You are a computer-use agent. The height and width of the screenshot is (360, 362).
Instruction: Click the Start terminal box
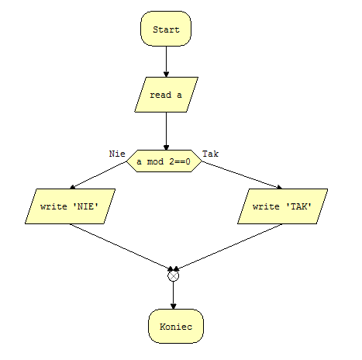tap(166, 29)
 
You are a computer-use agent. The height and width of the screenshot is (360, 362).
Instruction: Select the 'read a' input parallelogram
tap(166, 95)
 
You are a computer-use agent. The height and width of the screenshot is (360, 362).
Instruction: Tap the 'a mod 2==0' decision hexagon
tap(164, 161)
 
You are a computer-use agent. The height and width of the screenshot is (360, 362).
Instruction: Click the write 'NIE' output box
tap(70, 206)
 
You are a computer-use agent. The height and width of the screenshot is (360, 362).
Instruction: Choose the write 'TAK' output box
tap(282, 206)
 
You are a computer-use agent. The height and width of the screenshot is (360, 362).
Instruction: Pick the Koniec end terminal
tap(176, 327)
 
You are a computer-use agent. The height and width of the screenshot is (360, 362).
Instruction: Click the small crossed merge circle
tap(173, 275)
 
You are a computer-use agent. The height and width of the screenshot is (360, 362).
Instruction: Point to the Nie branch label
tap(117, 154)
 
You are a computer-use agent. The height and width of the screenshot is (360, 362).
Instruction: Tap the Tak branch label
tap(210, 154)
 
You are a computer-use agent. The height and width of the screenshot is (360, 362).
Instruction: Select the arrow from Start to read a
tap(166, 61)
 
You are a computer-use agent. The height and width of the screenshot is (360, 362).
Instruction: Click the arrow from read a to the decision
tap(166, 131)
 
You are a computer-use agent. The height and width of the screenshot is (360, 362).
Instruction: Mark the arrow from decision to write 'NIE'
tap(98, 175)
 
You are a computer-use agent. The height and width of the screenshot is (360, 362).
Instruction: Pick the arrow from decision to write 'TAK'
tap(242, 175)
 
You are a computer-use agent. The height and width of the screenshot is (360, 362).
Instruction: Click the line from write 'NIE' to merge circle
tap(121, 247)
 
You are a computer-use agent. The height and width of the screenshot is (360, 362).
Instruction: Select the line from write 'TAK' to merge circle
tap(228, 247)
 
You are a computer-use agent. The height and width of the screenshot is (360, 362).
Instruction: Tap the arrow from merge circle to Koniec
tap(173, 295)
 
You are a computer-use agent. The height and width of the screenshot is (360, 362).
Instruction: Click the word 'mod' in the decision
tap(155, 161)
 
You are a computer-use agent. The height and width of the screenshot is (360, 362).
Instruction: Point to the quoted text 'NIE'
tap(86, 206)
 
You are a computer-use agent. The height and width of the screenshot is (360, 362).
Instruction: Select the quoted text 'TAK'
tap(298, 206)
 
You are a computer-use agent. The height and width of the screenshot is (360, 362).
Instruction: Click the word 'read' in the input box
tap(160, 95)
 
